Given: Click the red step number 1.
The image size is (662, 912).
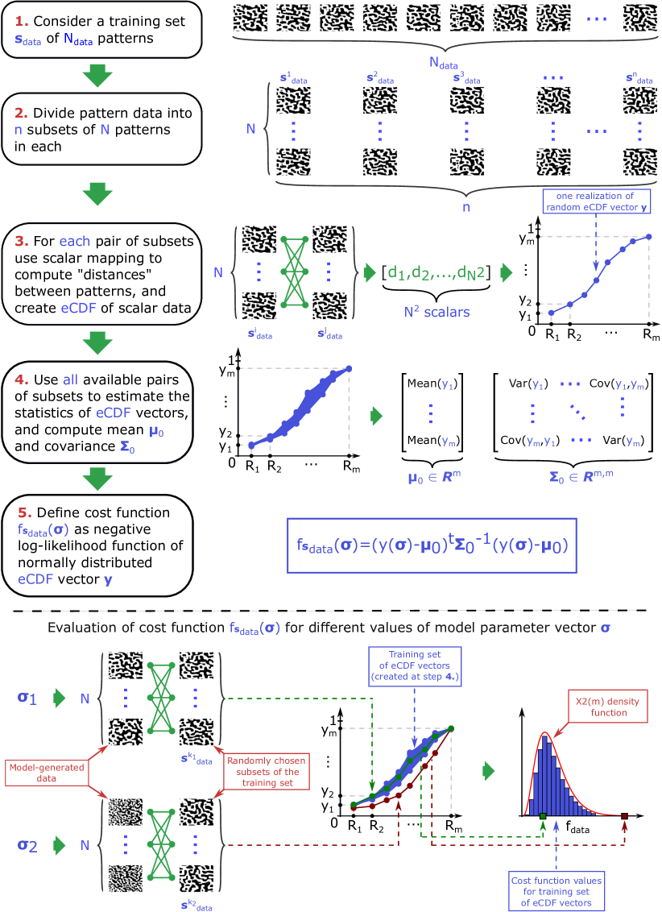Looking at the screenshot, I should [21, 17].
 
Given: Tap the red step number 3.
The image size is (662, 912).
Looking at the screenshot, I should [21, 240].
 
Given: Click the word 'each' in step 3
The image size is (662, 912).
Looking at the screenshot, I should [74, 241].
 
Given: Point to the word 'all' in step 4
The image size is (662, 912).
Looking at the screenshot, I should [70, 379].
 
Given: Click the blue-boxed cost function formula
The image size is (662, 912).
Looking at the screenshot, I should [432, 545].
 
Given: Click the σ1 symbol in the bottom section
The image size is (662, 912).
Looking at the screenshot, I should [27, 697].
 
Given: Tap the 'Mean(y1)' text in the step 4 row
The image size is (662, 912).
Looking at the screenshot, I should [432, 384].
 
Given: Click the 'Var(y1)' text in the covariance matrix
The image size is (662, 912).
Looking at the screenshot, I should [528, 384].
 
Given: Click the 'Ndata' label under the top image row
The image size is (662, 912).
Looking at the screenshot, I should [441, 61].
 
